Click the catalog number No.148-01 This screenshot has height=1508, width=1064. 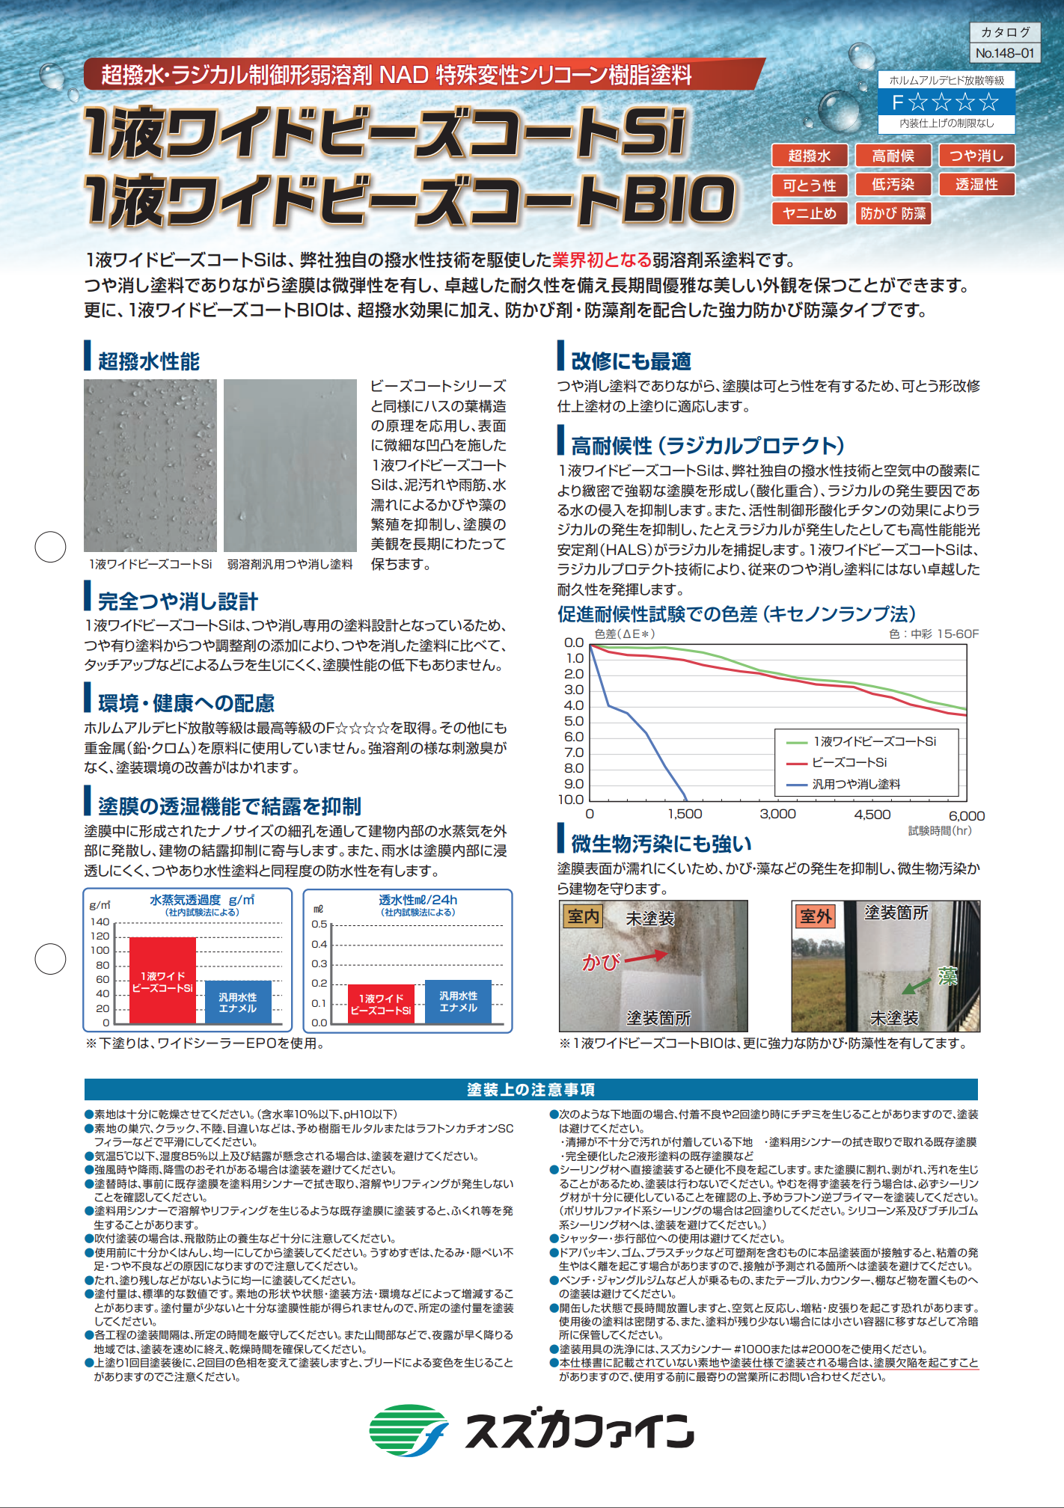point(1004,53)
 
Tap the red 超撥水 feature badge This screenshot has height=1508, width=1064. point(809,156)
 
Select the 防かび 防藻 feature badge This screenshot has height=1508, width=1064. point(893,213)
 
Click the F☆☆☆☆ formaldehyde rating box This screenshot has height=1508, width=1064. point(946,102)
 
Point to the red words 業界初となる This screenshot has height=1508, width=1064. point(602,260)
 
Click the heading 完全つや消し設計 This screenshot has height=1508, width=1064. point(178,601)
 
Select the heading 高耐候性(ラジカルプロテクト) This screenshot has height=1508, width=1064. point(707,446)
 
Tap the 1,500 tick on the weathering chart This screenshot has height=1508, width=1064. point(685,814)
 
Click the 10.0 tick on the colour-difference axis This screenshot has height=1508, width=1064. point(571,800)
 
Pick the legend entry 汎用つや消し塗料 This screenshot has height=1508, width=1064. point(856,784)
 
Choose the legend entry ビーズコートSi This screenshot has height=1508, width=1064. point(849,762)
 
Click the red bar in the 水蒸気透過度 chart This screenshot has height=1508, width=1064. point(162,980)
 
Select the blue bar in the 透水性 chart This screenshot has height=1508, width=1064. point(458,1002)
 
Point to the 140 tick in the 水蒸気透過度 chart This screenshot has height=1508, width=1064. point(100,922)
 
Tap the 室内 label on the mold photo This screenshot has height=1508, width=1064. point(584,916)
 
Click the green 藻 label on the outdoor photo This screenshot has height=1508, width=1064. point(947,976)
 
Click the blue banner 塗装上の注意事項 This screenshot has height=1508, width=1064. point(531,1089)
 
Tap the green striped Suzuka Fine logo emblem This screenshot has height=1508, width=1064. point(409,1430)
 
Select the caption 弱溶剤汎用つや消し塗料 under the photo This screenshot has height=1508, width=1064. point(290,564)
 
